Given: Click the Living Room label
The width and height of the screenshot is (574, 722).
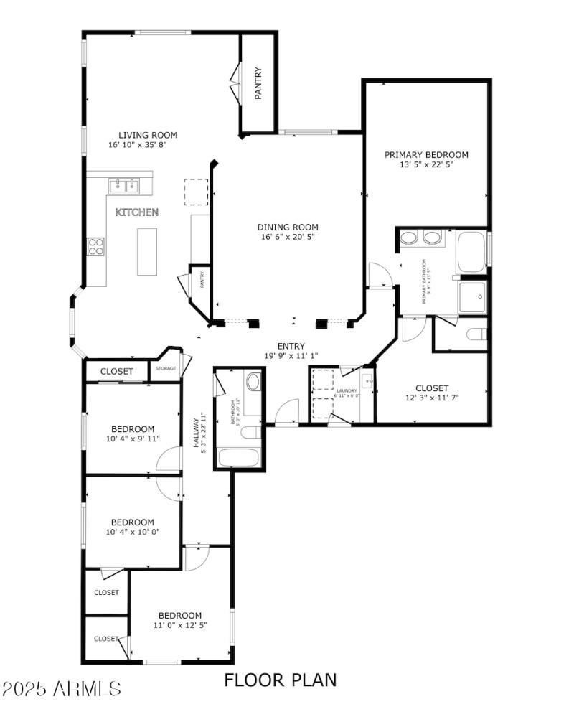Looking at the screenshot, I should coord(147,135).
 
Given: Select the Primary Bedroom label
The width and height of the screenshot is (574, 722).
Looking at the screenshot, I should coord(426,154).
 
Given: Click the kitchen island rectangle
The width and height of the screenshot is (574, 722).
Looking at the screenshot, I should coord(147,251).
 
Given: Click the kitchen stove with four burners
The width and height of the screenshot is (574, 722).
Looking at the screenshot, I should coord(95,247).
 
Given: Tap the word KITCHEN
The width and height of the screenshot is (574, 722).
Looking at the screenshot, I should coord(137,212).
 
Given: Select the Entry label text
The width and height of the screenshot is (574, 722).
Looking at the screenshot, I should coord(291,345).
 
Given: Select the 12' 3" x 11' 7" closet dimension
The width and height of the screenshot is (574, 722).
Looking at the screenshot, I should coord(432,398).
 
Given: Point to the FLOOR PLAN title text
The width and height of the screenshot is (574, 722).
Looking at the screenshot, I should coord(280,679).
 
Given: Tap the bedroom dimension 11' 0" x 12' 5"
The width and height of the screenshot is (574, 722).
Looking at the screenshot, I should coord(179,625).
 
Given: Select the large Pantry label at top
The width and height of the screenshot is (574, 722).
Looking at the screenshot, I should coord(258,83).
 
